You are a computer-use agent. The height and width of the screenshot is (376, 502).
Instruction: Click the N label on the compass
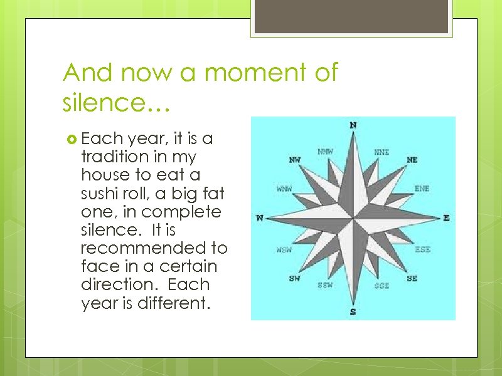tap(353, 125)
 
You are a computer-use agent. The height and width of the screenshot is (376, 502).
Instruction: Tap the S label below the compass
tap(353, 311)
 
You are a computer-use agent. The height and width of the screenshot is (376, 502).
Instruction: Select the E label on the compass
tap(446, 218)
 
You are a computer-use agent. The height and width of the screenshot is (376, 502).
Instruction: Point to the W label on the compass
tap(260, 218)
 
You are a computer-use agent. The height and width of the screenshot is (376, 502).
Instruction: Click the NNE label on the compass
tap(382, 152)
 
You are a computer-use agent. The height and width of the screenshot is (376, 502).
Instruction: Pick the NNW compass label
tap(325, 152)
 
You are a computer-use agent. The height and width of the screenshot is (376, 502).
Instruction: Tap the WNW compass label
tap(284, 188)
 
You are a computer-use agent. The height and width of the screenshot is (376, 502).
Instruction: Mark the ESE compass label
tap(422, 249)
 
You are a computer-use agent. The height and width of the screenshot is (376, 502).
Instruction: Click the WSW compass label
tap(284, 249)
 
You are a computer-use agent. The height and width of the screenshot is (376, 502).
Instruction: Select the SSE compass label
tap(382, 286)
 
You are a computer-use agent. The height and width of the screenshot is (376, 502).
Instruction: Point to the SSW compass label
tap(325, 286)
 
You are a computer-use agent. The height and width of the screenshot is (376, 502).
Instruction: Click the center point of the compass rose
tap(353, 218)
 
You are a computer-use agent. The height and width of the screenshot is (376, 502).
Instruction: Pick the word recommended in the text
tap(154, 248)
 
